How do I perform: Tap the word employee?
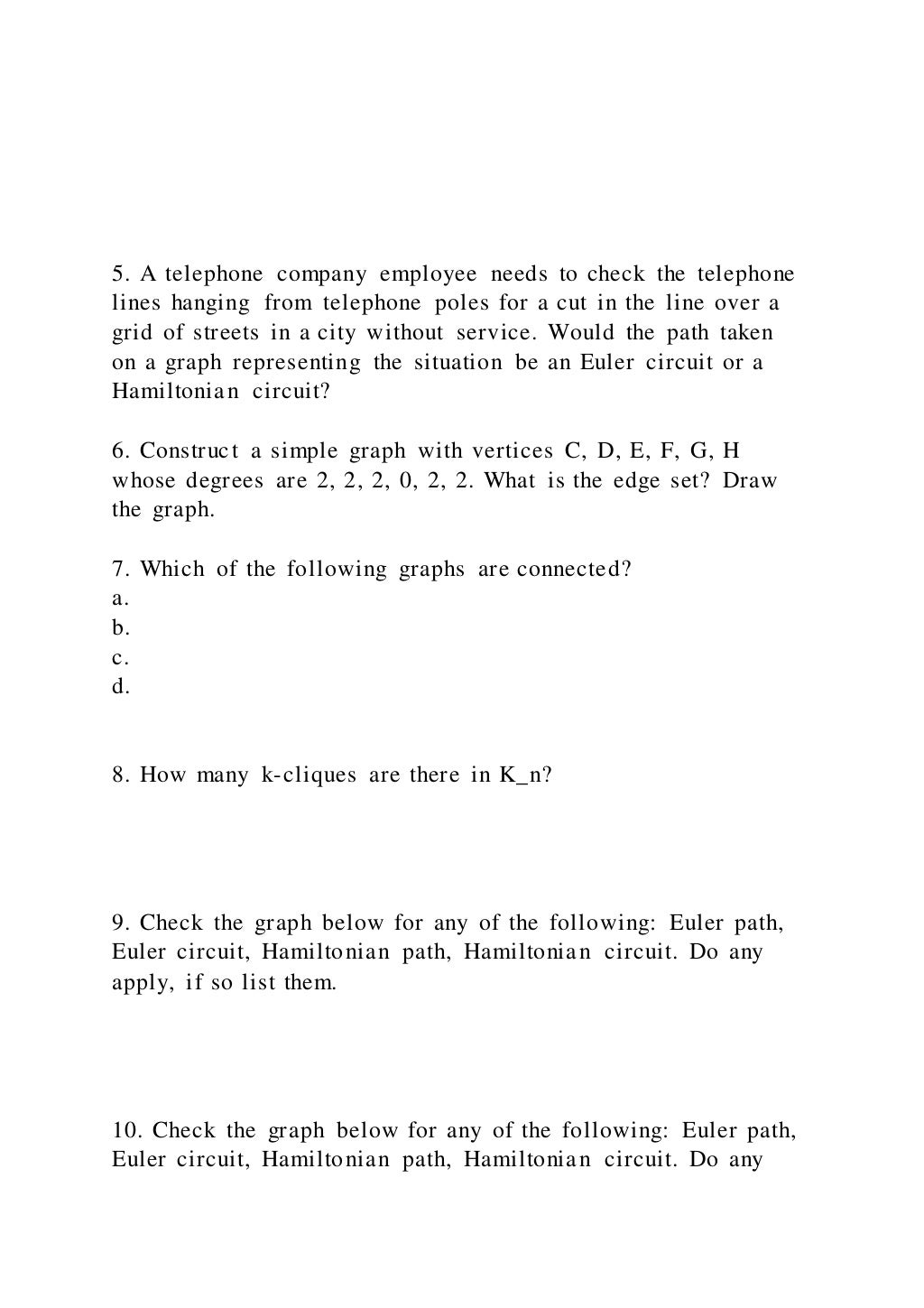click(x=428, y=274)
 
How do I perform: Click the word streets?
click(x=226, y=333)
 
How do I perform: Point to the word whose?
click(x=143, y=480)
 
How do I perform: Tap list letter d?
click(x=120, y=687)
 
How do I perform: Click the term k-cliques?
click(x=309, y=775)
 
